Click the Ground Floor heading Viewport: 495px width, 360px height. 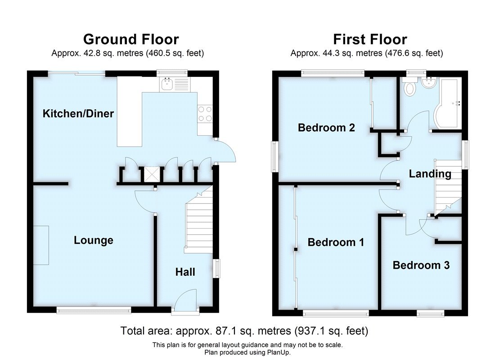tap(130, 39)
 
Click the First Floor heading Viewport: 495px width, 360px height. tap(370, 39)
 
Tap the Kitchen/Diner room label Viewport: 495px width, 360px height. tap(78, 113)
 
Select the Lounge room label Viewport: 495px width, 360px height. tap(94, 240)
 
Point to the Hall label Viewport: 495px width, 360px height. tap(185, 272)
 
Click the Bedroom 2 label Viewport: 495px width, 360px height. tap(326, 128)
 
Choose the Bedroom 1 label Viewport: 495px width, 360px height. tap(336, 243)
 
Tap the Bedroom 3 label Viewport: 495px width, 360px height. tap(421, 265)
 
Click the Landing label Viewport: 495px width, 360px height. tap(430, 174)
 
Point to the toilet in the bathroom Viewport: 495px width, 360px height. tap(410, 87)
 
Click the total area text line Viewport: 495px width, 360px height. tap(244, 331)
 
